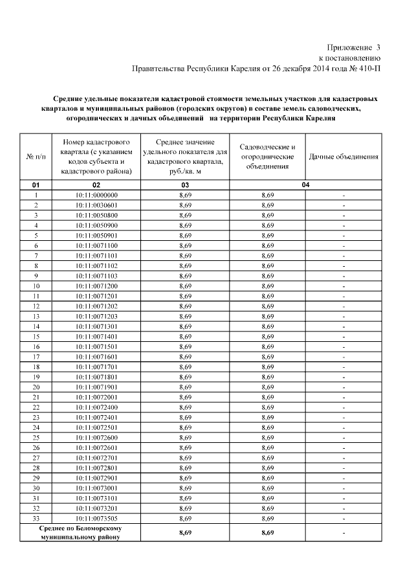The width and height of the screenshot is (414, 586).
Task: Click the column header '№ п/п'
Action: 36,157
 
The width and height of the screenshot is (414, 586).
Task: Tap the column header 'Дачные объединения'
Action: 343,157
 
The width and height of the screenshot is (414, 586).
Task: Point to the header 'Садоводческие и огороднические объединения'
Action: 267,157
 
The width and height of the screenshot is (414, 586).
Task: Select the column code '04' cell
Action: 305,185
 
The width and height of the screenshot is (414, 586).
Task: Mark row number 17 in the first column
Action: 36,357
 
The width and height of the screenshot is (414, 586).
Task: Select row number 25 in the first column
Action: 36,438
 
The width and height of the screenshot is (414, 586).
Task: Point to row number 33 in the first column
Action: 36,519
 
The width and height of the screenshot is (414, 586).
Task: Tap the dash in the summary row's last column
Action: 343,533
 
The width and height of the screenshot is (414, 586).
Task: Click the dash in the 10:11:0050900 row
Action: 343,225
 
